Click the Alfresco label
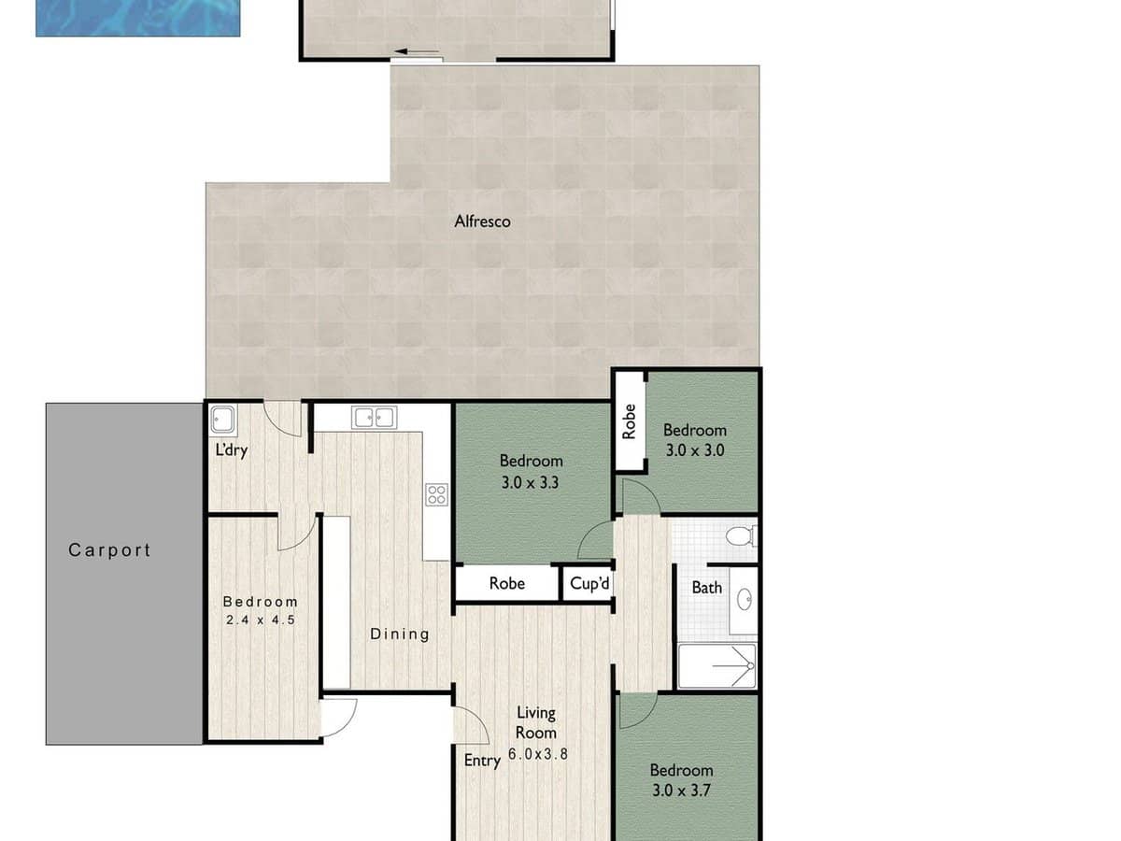tap(482, 221)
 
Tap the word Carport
tap(109, 550)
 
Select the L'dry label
tap(231, 450)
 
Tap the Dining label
tap(400, 634)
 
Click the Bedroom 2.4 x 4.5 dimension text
tap(260, 619)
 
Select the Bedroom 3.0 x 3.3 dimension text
tap(531, 483)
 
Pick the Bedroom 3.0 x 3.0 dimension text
tap(694, 449)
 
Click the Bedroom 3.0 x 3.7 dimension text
tap(681, 790)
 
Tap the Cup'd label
tap(589, 584)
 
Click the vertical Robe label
tap(630, 420)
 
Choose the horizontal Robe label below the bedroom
tap(507, 584)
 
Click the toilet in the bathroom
tap(742, 536)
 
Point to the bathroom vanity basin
tap(745, 599)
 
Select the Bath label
tap(706, 588)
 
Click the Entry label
tap(482, 761)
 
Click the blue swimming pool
tap(137, 17)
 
